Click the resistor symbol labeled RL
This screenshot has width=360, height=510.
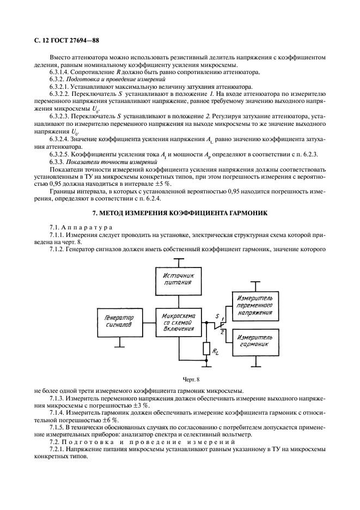206,348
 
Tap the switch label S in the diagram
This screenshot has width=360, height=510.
217,315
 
